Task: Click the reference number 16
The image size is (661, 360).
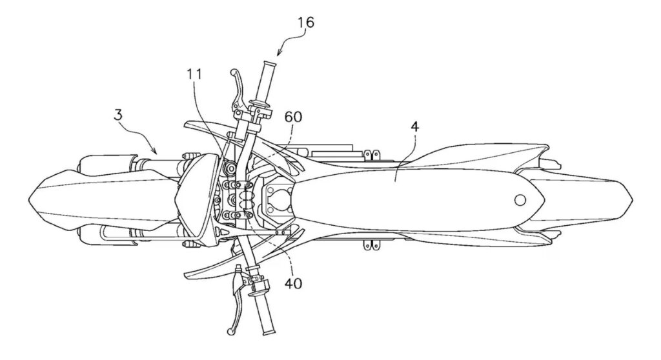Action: (306, 23)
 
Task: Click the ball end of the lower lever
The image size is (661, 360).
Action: (229, 331)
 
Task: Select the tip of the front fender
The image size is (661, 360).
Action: (31, 195)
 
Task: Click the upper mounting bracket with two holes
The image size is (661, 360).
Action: (370, 155)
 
